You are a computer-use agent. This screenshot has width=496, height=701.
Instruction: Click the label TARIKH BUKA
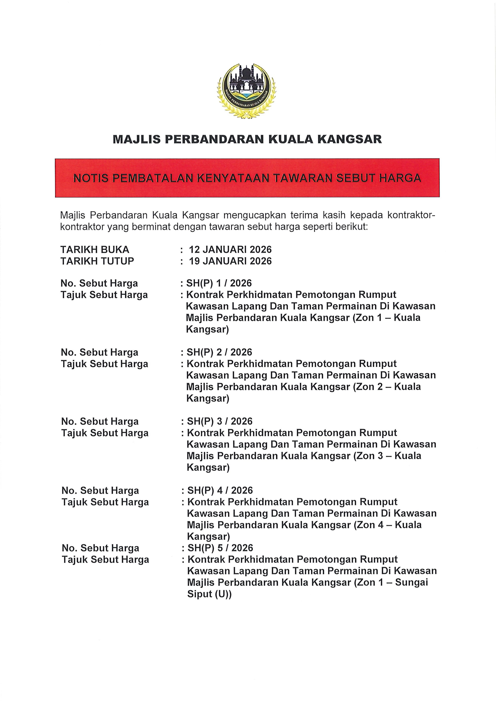coord(95,250)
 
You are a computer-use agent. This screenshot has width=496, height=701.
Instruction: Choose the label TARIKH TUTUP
coord(97,261)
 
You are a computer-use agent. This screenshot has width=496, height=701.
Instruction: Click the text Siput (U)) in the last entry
coord(209,594)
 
